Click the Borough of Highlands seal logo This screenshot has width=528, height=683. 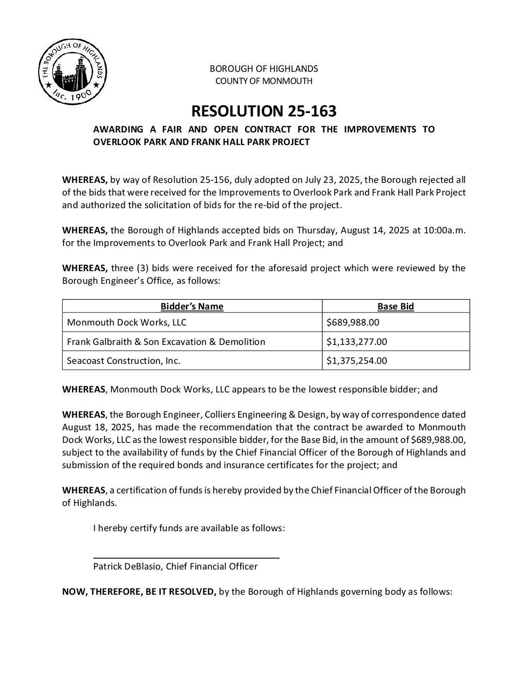(x=72, y=73)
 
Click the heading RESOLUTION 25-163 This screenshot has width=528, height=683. (x=264, y=112)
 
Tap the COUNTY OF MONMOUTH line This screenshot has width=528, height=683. (x=264, y=81)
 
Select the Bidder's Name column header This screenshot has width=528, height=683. (x=192, y=306)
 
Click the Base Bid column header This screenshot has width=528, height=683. (x=396, y=306)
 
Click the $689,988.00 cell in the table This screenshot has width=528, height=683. (x=353, y=322)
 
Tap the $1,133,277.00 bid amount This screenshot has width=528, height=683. (x=357, y=341)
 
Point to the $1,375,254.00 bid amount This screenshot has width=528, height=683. (x=357, y=360)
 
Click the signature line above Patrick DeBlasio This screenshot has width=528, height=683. (x=186, y=558)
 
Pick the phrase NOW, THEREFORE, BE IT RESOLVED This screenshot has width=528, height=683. (x=139, y=592)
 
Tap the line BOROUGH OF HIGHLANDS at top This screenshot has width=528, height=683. (x=264, y=68)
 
